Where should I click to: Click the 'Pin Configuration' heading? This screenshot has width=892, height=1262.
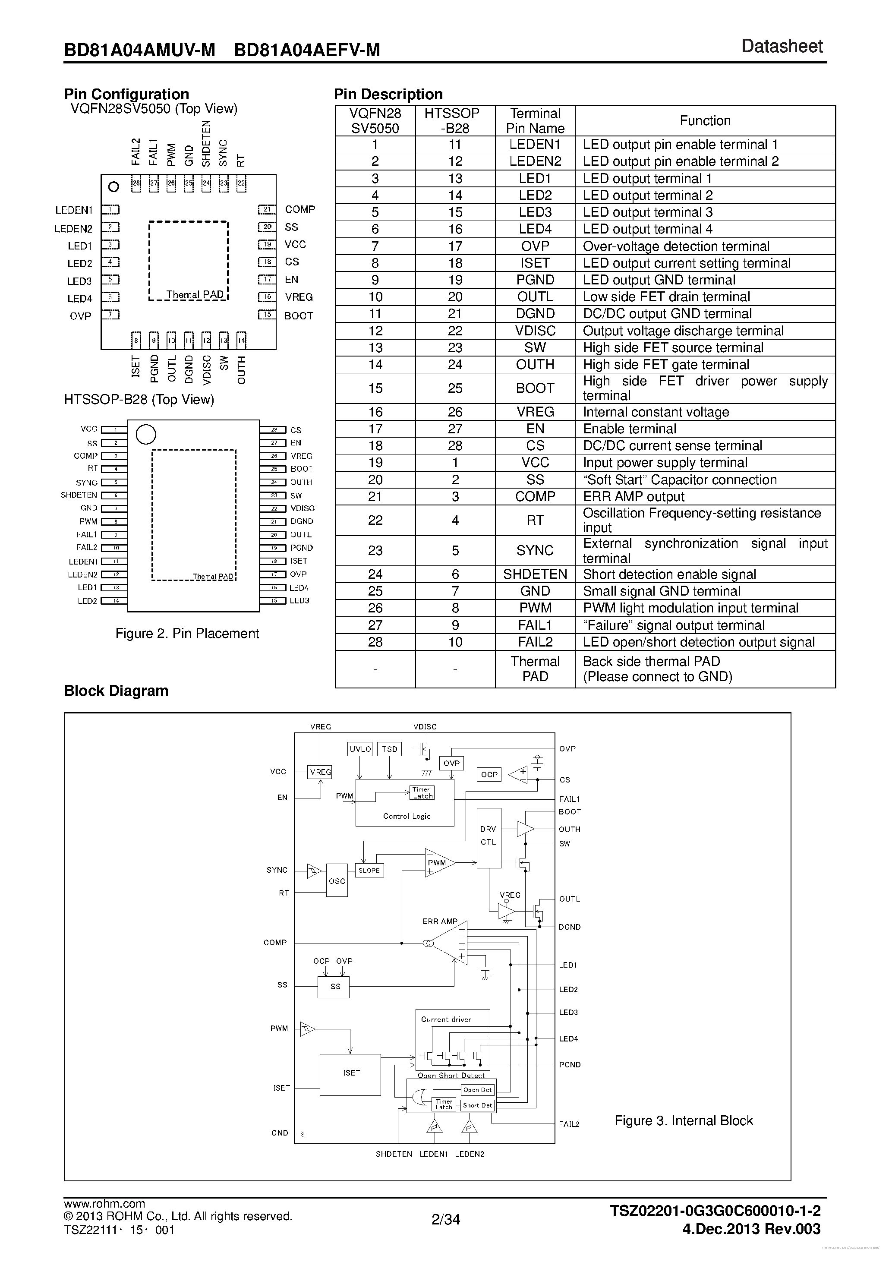tap(126, 94)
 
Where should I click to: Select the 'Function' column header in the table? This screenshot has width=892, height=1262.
tap(705, 121)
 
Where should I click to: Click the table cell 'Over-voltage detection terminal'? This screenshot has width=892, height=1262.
tap(676, 246)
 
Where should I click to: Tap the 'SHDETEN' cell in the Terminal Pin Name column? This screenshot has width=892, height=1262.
tap(535, 574)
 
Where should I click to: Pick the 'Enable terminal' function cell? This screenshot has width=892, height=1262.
tap(629, 429)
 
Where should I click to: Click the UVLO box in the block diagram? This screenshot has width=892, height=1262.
tap(360, 749)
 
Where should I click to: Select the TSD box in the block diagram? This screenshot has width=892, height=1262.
tap(390, 749)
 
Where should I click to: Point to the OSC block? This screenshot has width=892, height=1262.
tap(337, 880)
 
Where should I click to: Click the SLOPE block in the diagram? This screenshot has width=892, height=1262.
tap(369, 871)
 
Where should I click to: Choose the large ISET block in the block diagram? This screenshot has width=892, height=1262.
tap(351, 1073)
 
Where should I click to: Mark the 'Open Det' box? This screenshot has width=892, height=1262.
tap(477, 1089)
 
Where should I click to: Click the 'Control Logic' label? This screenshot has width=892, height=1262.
tap(407, 816)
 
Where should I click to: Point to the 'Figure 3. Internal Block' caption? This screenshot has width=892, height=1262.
tap(683, 1121)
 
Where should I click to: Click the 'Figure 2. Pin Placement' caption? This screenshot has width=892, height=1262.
tap(187, 633)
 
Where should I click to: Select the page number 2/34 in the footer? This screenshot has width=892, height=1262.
tap(445, 1220)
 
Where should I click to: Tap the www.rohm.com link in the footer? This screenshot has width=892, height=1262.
tap(104, 1203)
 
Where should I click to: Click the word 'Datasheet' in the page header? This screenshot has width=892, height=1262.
tap(782, 47)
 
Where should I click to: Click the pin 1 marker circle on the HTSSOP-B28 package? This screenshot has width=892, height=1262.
tap(145, 434)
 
